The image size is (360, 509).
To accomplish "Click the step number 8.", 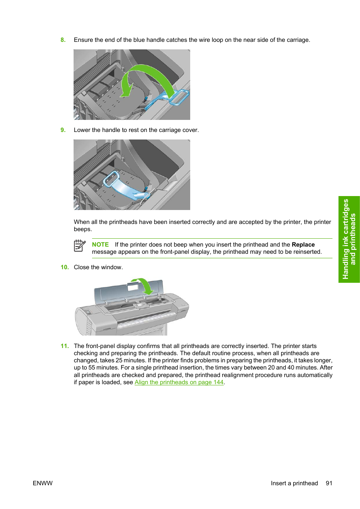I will [63, 40].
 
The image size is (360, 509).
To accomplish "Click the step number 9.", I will [63, 130].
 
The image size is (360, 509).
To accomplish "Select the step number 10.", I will [65, 267].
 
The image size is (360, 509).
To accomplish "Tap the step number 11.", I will [65, 346].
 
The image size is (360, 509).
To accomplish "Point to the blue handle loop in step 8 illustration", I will [179, 97].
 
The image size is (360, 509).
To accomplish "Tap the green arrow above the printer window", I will [143, 286].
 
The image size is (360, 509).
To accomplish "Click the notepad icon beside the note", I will [80, 246].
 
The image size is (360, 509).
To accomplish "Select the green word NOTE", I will [100, 245].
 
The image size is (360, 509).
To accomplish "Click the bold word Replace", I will [303, 245].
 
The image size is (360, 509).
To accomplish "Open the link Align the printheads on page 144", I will [179, 382].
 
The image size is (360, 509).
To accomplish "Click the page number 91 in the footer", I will [329, 483].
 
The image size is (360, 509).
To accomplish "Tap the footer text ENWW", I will [43, 483].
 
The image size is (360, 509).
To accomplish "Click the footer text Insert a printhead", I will [294, 483].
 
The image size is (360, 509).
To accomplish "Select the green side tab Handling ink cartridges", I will [349, 239].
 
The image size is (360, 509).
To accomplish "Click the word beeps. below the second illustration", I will [83, 229].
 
